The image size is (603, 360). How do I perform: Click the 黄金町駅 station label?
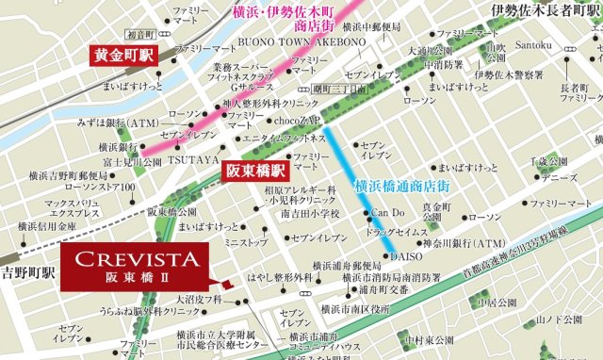pyautogui.click(x=122, y=54)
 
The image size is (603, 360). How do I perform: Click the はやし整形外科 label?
pyautogui.click(x=280, y=278)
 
